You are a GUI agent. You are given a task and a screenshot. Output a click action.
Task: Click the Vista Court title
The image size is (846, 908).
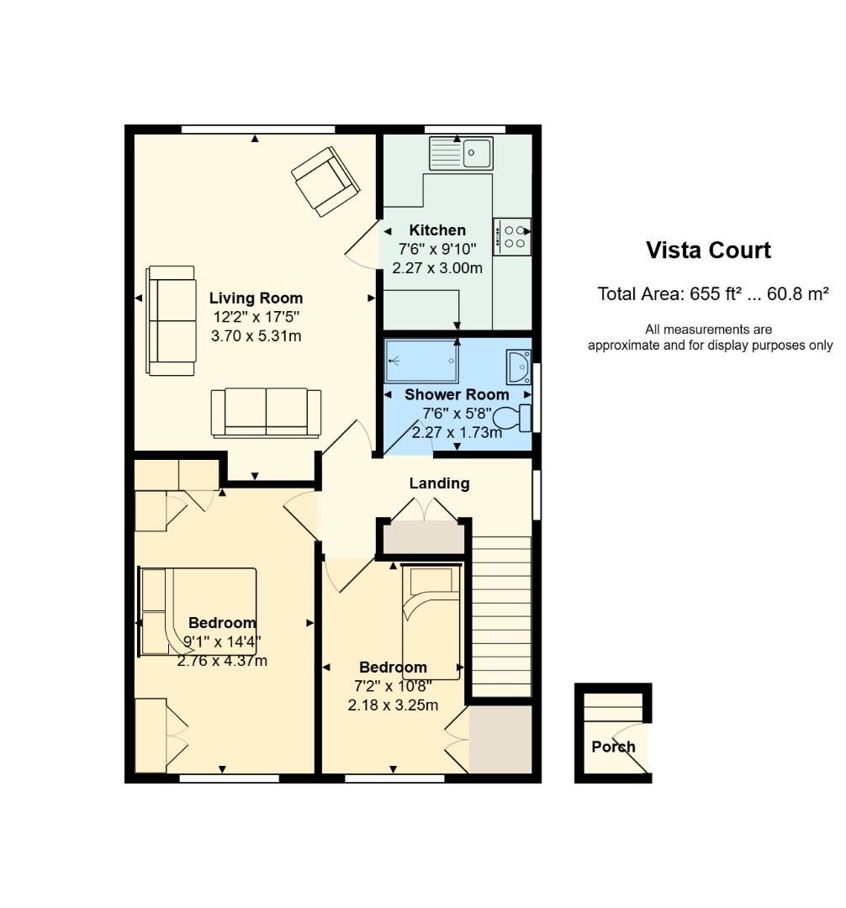[x=708, y=251]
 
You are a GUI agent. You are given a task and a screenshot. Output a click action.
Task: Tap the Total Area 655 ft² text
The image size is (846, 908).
[x=713, y=294]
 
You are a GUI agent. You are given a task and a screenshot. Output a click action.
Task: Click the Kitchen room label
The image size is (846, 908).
[x=437, y=230]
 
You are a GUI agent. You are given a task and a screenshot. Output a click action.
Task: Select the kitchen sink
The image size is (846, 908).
[x=461, y=154]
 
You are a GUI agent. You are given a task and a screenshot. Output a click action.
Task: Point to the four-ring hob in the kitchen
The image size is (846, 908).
[x=512, y=236]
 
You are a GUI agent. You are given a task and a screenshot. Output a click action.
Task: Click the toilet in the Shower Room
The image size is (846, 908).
[x=512, y=418]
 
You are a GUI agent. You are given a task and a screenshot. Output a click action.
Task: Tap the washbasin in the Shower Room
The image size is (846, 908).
[x=518, y=367]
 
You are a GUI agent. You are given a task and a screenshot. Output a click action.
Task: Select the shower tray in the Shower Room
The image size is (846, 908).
[x=422, y=362]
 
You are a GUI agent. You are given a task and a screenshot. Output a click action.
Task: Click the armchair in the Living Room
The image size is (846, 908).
[x=325, y=182]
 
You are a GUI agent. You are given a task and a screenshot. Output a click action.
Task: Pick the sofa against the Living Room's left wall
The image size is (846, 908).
[x=171, y=320]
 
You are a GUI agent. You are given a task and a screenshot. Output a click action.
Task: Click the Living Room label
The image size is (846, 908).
[x=256, y=298]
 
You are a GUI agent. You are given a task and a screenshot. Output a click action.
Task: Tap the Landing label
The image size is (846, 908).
[x=440, y=483]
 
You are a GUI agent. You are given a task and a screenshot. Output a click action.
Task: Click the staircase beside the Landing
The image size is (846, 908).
[x=501, y=616]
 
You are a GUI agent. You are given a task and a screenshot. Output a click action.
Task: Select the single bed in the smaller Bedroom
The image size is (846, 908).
[x=431, y=622]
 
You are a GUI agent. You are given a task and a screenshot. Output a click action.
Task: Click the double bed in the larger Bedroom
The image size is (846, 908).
[x=198, y=611]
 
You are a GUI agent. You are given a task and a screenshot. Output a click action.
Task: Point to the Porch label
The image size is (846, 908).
[x=613, y=747]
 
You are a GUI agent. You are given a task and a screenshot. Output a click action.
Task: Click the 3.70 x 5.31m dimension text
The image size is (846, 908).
[x=256, y=335]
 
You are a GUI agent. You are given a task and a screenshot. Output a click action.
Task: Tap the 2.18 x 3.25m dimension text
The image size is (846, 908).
[x=394, y=705]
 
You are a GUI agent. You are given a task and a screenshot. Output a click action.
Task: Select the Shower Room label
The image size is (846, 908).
[x=457, y=395]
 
